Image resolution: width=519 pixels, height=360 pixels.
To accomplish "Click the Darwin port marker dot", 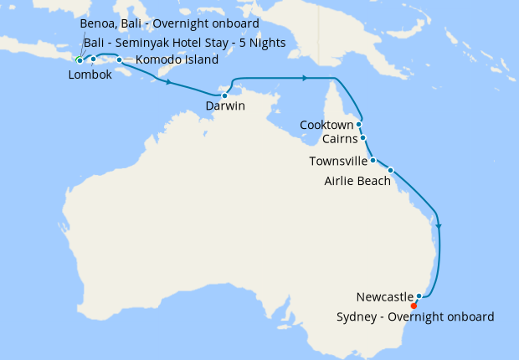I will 224,95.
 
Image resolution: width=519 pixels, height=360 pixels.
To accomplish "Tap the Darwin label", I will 225,106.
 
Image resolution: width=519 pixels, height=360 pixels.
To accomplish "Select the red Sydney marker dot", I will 414,306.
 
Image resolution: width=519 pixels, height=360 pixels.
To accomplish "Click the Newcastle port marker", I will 419,296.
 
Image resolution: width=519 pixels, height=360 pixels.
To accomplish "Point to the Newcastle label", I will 384,297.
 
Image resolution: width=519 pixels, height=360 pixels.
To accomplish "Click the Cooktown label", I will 327,125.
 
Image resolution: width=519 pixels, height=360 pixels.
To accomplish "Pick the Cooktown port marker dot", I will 358,124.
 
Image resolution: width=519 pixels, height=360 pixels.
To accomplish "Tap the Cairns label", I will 339,140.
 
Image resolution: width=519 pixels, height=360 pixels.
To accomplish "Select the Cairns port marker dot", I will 362,138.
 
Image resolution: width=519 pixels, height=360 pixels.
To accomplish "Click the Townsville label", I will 337,161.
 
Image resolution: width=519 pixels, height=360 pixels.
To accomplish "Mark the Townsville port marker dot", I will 373,159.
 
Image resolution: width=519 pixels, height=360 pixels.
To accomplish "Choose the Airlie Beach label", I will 357,180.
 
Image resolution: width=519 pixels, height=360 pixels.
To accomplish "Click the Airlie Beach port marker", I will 390,170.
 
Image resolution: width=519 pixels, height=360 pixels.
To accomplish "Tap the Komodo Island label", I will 177,60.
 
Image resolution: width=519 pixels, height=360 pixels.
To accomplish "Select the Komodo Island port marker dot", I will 119,60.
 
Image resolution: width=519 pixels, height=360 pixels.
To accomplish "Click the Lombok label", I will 89,75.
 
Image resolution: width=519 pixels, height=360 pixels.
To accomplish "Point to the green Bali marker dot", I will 80,60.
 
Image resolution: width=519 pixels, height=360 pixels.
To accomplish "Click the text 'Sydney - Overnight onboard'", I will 415,316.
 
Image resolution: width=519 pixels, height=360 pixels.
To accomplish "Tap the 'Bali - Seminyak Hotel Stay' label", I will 184,42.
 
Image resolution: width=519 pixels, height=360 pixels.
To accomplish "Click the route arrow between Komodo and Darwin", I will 170,83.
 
